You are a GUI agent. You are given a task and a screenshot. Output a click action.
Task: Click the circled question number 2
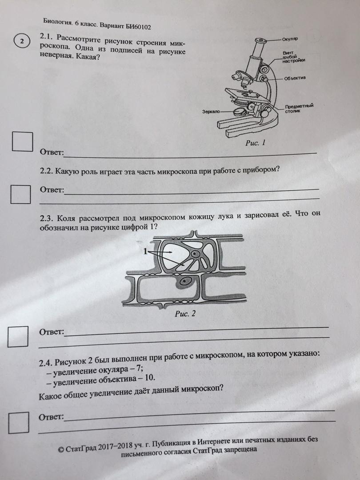coord(22,41)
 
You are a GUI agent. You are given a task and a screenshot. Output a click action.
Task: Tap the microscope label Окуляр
coord(290,39)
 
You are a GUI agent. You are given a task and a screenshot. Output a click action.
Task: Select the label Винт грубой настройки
coord(294,56)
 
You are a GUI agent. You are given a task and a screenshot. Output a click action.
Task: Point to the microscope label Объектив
coord(295,78)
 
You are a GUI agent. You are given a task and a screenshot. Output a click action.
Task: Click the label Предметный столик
coord(299,108)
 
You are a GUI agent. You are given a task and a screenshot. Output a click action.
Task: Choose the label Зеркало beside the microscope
coord(211,112)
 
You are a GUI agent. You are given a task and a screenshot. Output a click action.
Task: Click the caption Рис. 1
coord(255,143)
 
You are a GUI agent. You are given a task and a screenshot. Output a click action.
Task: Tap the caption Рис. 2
coord(185,314)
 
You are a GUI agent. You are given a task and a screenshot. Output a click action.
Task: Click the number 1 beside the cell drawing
coord(145,252)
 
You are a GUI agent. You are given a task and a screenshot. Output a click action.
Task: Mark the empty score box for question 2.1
coord(22,141)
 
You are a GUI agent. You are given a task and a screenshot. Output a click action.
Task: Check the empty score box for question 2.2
coord(20,194)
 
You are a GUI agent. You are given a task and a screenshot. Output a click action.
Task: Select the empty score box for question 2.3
coord(18,336)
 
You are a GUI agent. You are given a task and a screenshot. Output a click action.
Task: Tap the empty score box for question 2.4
coord(19,423)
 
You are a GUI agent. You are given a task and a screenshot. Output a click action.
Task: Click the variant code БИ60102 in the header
coord(138,27)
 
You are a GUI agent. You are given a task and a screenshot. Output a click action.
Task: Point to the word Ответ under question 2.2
coord(52,190)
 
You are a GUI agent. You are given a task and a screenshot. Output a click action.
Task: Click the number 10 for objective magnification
coord(150,377)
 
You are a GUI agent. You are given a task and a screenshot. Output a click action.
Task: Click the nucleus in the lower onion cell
coord(184,282)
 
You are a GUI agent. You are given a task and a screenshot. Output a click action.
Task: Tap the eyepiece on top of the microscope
coord(260,40)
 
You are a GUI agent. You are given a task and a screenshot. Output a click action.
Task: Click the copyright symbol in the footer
coord(61,449)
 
